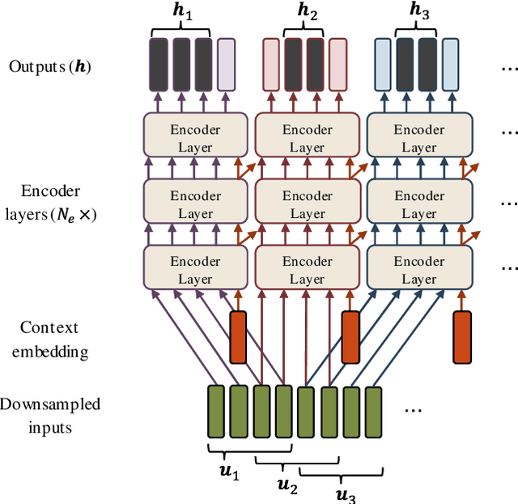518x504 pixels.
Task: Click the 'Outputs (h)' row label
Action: [50, 66]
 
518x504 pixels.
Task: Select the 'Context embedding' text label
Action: [50, 340]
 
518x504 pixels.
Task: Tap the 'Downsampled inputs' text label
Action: [50, 415]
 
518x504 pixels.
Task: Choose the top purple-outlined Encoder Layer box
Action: [195, 138]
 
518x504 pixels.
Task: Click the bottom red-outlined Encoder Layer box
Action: [307, 270]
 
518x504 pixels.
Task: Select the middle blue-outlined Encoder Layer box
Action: [418, 204]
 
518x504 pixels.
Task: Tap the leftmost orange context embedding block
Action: [238, 336]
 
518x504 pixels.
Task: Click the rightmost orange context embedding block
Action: [461, 336]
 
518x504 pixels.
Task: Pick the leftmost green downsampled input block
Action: [215, 411]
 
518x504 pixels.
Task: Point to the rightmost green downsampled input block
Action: [372, 411]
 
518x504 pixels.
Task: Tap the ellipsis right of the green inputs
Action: [413, 410]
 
